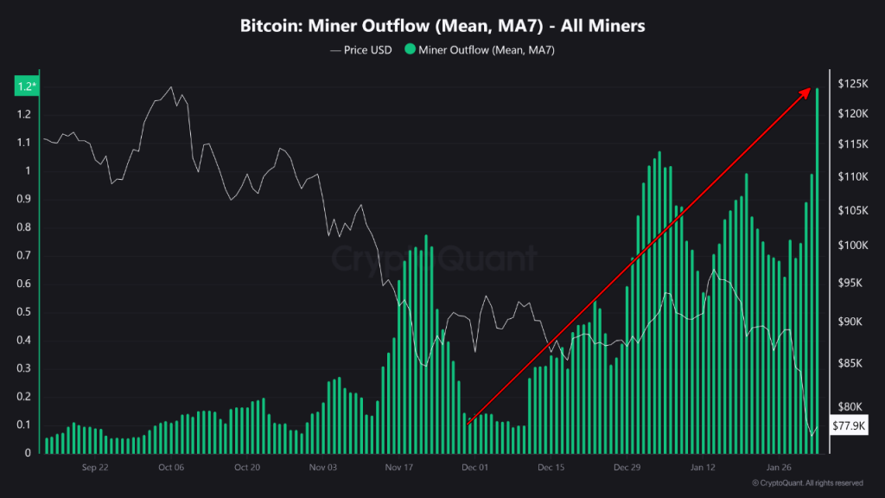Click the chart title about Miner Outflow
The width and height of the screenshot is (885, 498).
point(442,26)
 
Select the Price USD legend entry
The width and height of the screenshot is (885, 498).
point(361,50)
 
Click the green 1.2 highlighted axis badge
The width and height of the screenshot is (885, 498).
point(25,86)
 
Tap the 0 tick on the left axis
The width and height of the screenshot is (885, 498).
point(28,452)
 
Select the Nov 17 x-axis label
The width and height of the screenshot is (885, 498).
point(399,467)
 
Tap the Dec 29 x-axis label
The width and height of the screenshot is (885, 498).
point(627,467)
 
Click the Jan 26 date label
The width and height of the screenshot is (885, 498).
point(780,467)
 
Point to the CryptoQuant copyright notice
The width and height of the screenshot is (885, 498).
point(807,482)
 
